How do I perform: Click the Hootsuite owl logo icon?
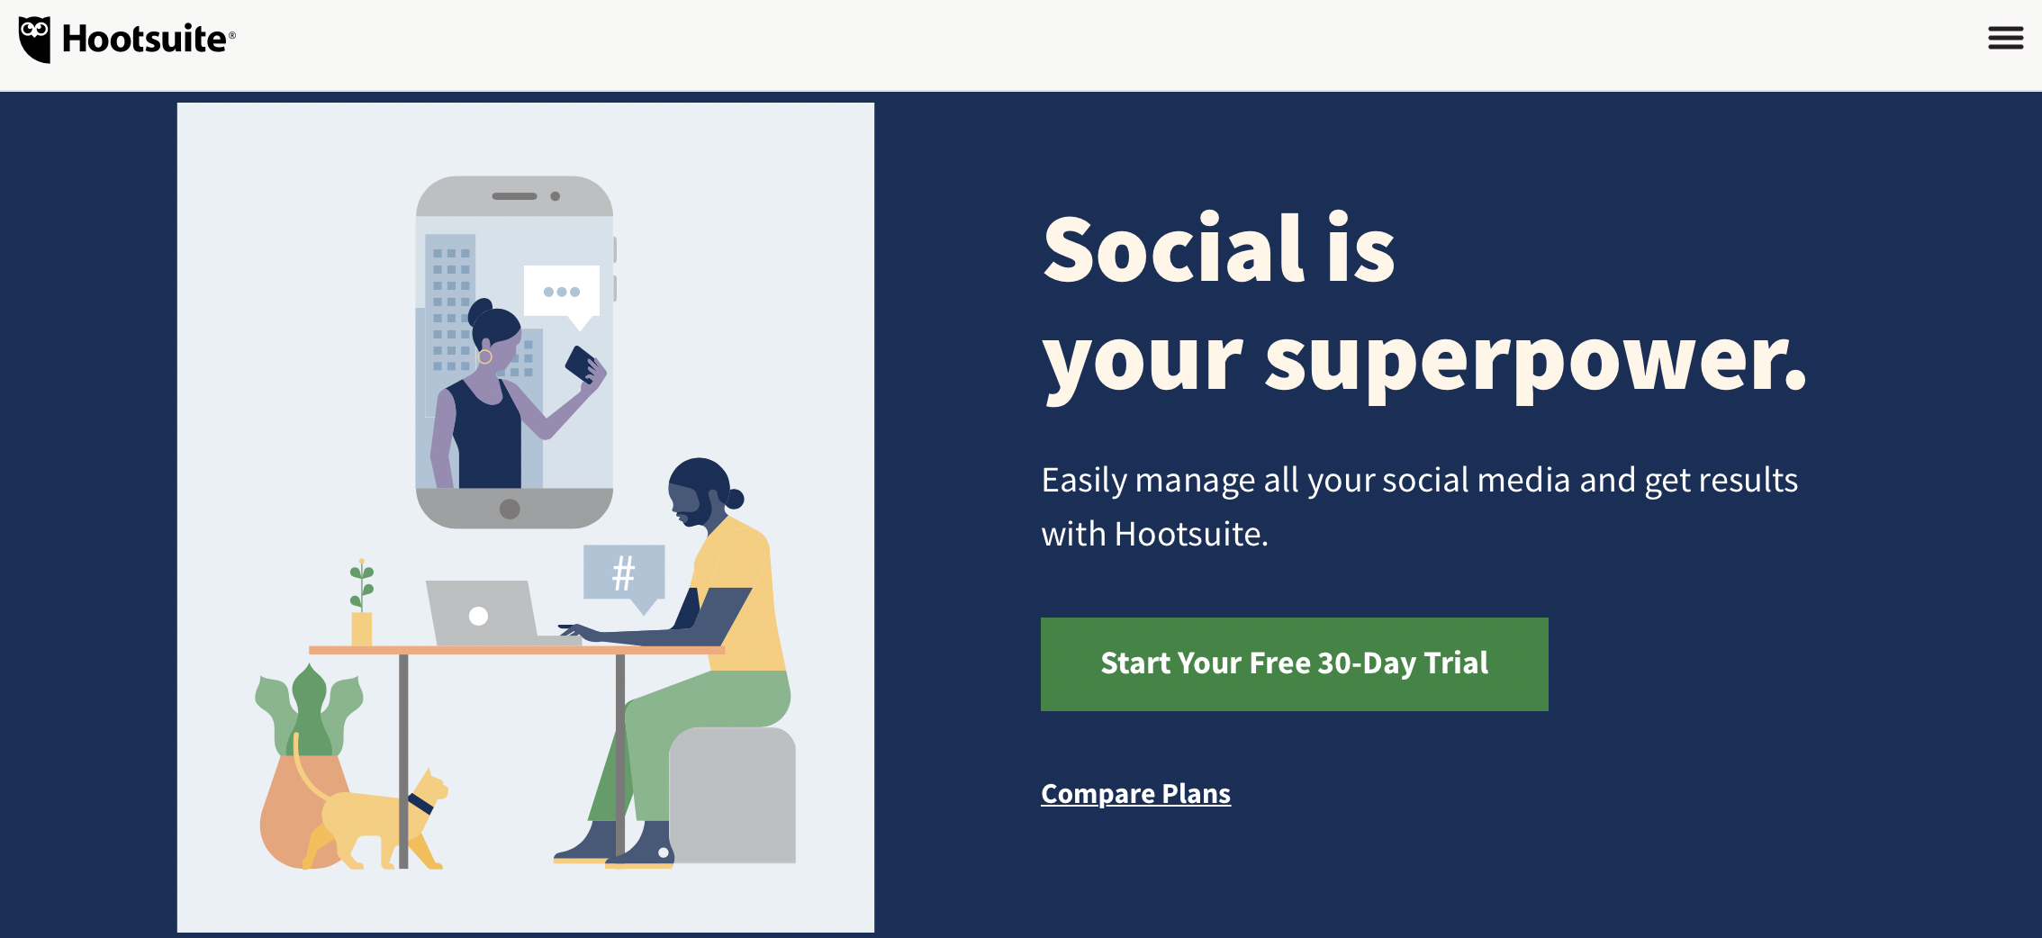coord(35,40)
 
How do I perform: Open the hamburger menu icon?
coord(2005,38)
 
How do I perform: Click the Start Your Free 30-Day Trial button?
coord(1294,664)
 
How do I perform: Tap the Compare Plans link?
coord(1135,794)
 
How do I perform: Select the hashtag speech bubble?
coord(625,578)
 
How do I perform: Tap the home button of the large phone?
coord(510,509)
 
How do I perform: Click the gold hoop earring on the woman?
coord(484,356)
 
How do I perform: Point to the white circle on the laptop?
coord(478,616)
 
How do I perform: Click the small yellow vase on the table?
coord(362,628)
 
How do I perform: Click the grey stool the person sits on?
coord(733,794)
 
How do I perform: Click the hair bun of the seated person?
coord(735,498)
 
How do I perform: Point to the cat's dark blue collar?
coord(420,803)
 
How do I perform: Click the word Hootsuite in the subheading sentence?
coord(1190,535)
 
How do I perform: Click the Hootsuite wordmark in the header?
coord(145,40)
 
